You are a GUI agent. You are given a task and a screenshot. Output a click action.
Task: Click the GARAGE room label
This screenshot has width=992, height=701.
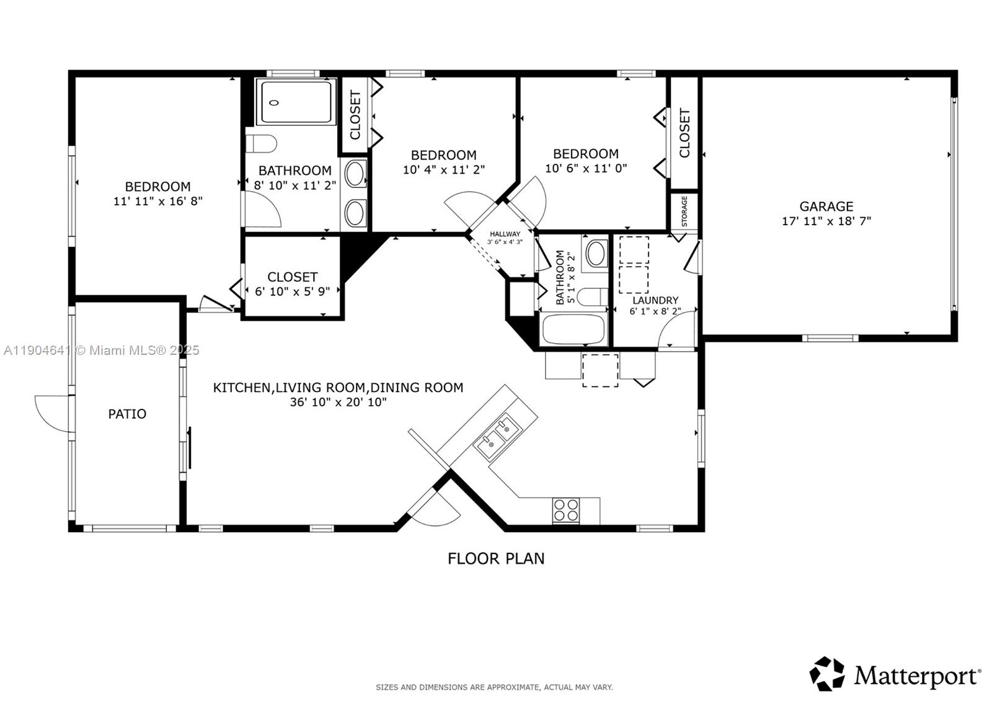[826, 207]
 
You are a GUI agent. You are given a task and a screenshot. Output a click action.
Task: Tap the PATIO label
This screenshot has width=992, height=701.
[127, 414]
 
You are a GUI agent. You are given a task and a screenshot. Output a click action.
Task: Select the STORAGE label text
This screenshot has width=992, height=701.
[684, 212]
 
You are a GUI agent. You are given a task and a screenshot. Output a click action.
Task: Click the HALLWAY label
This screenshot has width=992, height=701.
[505, 234]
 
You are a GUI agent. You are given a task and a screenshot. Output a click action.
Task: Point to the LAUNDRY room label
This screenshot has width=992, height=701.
[655, 300]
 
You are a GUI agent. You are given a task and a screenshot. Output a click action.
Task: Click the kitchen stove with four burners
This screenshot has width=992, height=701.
[565, 511]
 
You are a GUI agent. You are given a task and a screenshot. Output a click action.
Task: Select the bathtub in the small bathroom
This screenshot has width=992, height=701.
[573, 329]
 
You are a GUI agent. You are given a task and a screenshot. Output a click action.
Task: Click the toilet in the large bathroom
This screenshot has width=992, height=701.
[261, 143]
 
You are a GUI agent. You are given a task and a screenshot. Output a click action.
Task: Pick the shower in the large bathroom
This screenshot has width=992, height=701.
[296, 102]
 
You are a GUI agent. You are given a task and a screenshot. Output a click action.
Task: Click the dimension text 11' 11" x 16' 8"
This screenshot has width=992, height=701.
[158, 201]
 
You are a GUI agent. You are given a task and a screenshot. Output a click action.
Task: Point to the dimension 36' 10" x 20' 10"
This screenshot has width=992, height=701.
[339, 403]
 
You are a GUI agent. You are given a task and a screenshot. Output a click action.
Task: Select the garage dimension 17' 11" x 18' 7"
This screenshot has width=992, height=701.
[826, 221]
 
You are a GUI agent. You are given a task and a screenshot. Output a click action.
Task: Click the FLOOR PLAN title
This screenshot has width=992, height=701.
[496, 559]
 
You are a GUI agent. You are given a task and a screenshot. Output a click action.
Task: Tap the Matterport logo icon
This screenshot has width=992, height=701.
[827, 674]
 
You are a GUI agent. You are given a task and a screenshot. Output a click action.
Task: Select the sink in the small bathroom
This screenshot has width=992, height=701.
[596, 253]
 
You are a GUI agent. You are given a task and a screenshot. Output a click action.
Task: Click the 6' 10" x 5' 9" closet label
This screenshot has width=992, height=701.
[292, 284]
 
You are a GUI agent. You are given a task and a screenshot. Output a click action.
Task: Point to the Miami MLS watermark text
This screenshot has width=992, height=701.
[102, 351]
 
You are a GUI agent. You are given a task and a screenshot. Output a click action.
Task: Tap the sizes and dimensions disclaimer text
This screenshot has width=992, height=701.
[494, 687]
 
